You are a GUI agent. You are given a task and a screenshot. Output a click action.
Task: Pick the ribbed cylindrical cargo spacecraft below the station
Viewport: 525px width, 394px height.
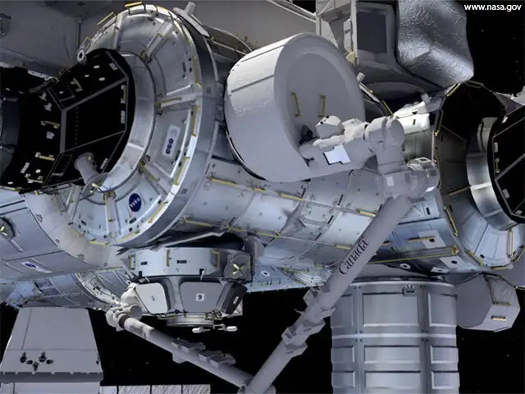[x=394, y=337]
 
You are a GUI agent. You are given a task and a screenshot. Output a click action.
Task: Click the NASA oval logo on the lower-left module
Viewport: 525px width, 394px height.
[x=35, y=266]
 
